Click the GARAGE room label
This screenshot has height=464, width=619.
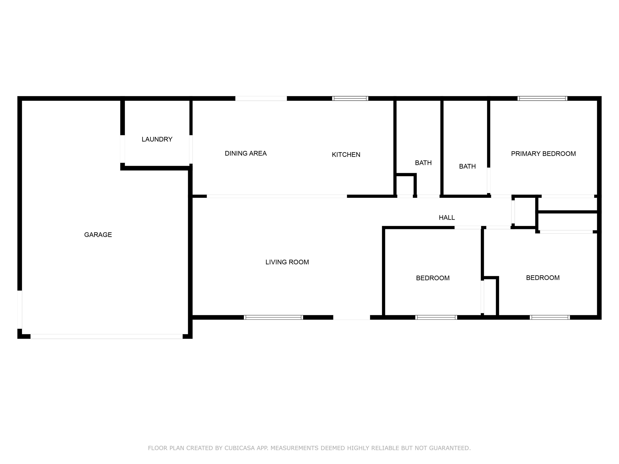98,235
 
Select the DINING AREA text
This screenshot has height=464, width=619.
246,153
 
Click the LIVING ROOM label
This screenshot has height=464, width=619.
287,262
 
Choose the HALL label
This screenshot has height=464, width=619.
447,218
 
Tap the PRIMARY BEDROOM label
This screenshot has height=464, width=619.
543,154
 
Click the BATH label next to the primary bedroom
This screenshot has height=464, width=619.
467,166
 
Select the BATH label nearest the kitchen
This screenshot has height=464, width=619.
423,163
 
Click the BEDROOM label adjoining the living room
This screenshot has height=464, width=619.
433,278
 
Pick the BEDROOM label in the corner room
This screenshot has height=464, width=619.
543,278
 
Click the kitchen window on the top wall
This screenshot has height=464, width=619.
350,98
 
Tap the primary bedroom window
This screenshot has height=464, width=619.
542,98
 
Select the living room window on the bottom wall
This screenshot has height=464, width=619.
273,317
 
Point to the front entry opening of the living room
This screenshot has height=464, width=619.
351,317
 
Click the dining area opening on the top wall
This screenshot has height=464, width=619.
261,98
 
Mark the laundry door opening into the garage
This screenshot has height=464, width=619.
123,149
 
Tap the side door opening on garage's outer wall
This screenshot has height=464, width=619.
20,309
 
